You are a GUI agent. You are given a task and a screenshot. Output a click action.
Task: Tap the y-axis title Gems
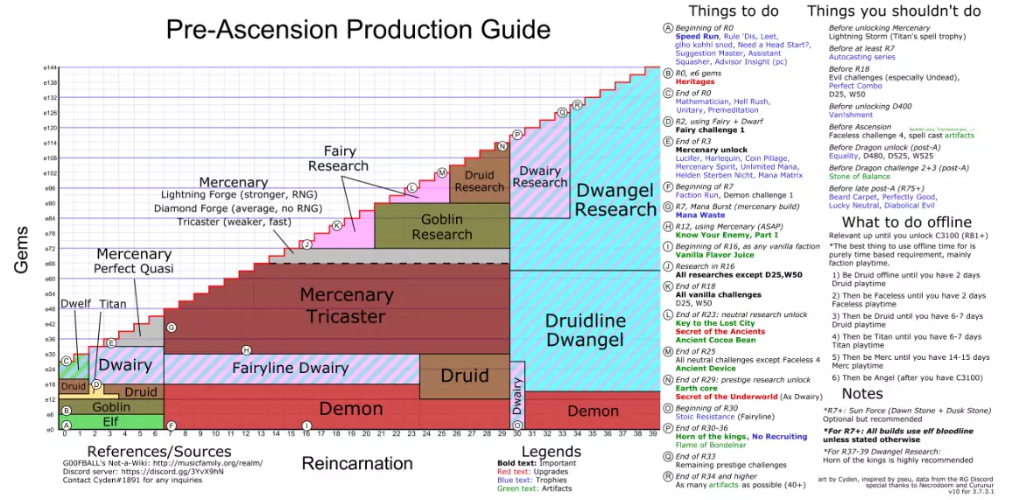[23, 250]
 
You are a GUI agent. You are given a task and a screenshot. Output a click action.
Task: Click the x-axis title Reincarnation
[356, 462]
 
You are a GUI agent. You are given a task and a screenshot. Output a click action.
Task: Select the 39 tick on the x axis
[650, 434]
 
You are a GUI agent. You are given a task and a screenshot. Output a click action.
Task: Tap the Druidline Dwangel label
[585, 330]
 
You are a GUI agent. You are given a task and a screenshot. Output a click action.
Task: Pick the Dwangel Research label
[615, 199]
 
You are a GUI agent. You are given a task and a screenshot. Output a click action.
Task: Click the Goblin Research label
[441, 227]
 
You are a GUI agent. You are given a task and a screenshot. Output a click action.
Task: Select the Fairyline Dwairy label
[290, 368]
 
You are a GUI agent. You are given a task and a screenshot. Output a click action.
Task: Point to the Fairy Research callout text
[339, 158]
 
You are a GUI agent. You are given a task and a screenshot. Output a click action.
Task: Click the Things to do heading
[727, 11]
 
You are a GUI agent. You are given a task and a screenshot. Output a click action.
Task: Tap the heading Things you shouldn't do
[893, 11]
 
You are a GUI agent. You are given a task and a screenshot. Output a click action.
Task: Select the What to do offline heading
[906, 222]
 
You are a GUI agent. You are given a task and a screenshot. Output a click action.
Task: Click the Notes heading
[862, 393]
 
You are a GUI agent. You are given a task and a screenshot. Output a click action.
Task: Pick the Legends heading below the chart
[527, 451]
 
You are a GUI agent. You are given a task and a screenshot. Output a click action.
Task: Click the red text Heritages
[695, 81]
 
